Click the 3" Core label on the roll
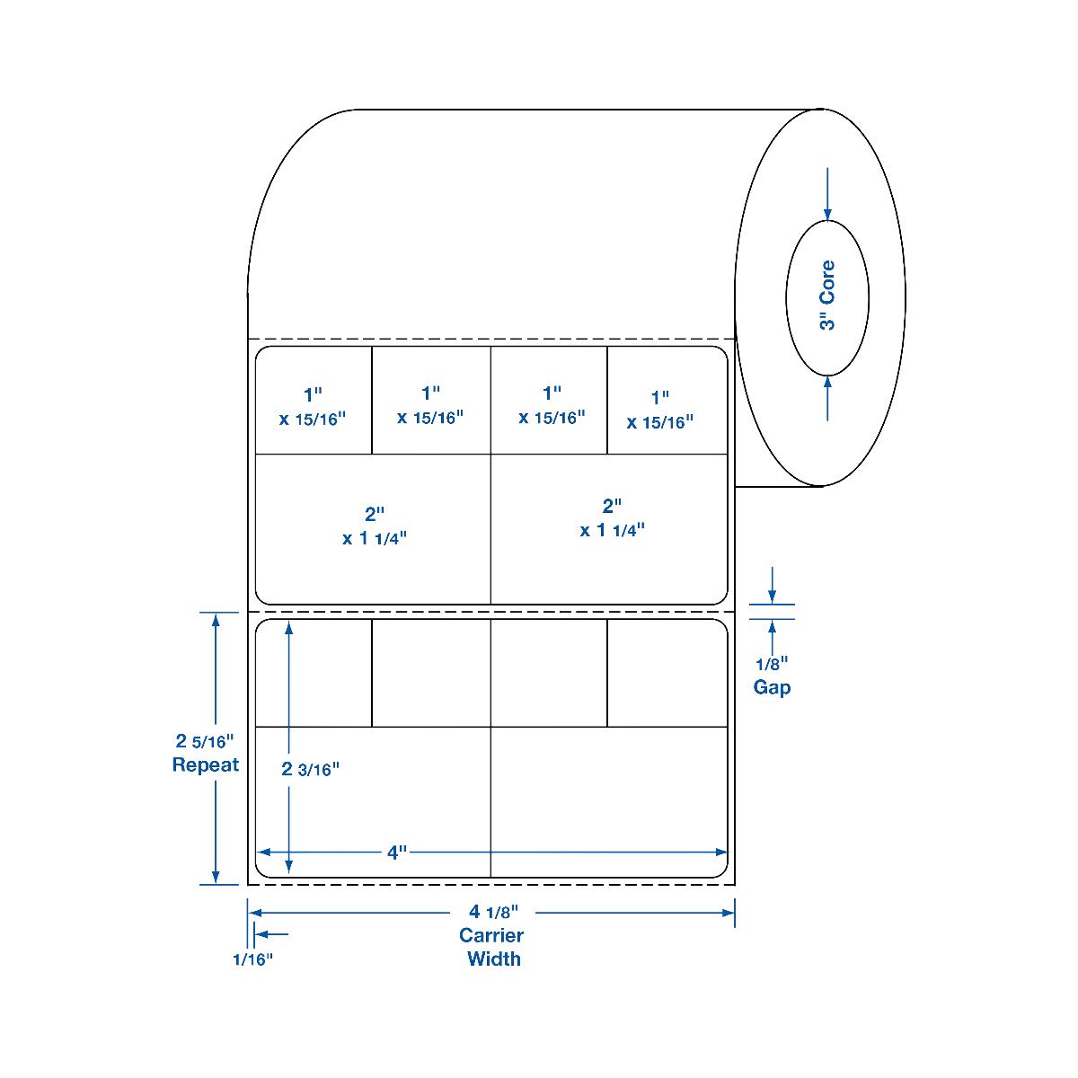pyautogui.click(x=827, y=296)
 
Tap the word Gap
pyautogui.click(x=772, y=688)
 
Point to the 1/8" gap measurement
pyautogui.click(x=771, y=665)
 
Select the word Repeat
pyautogui.click(x=206, y=765)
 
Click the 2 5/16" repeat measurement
pyautogui.click(x=205, y=742)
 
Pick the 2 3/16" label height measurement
pyautogui.click(x=311, y=769)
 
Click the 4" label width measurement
pyautogui.click(x=397, y=852)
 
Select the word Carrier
pyautogui.click(x=491, y=935)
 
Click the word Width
pyautogui.click(x=493, y=959)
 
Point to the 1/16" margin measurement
pyautogui.click(x=252, y=959)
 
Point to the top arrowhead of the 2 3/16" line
pyautogui.click(x=288, y=628)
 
